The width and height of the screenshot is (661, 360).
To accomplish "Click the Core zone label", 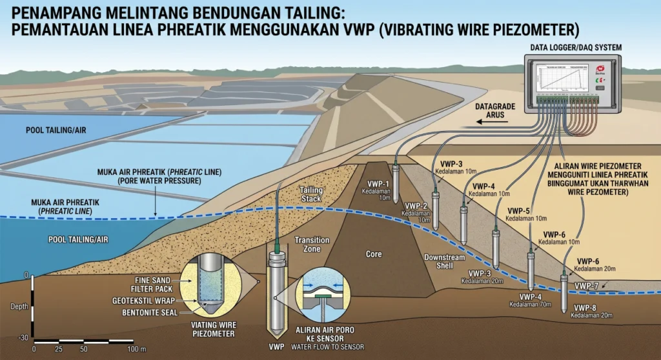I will pos(374,254).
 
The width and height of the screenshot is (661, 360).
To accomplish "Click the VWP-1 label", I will pos(378,183).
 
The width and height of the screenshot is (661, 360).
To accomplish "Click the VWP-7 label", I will pos(586,285).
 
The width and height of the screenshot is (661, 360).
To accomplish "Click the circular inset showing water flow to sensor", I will pos(321,297).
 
